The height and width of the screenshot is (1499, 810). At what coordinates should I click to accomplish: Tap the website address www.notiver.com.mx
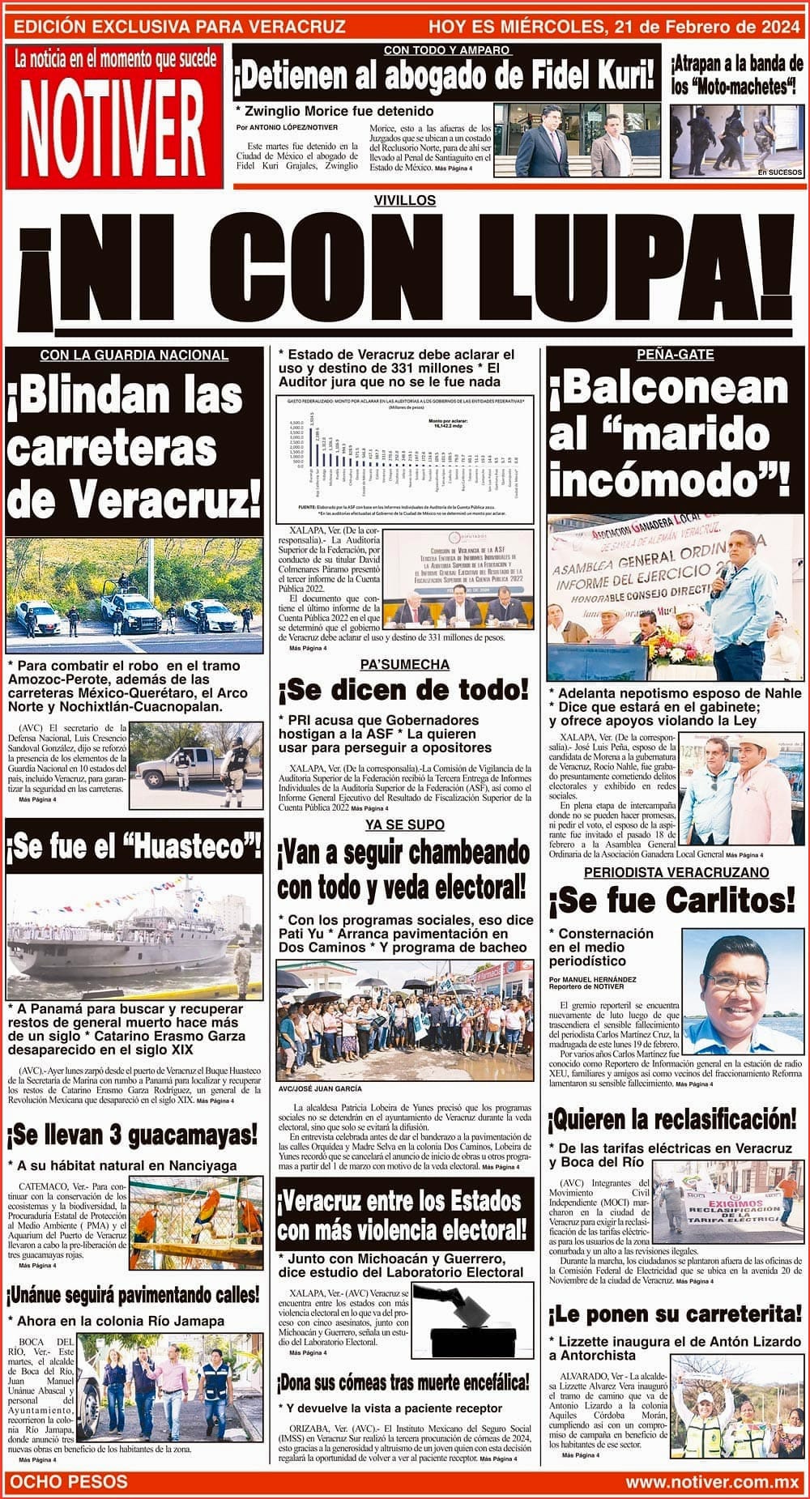pyautogui.click(x=712, y=1482)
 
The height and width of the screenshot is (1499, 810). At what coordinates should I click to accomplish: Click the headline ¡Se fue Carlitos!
pyautogui.click(x=671, y=900)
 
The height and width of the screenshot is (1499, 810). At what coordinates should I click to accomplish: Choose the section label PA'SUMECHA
pyautogui.click(x=405, y=664)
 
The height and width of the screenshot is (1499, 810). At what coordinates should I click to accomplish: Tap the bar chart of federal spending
pyautogui.click(x=405, y=458)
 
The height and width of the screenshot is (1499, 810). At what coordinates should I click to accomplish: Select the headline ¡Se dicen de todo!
pyautogui.click(x=403, y=691)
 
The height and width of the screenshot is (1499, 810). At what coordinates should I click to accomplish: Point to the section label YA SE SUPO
pyautogui.click(x=404, y=824)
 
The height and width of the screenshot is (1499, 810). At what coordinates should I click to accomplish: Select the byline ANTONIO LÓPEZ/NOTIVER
pyautogui.click(x=288, y=127)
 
